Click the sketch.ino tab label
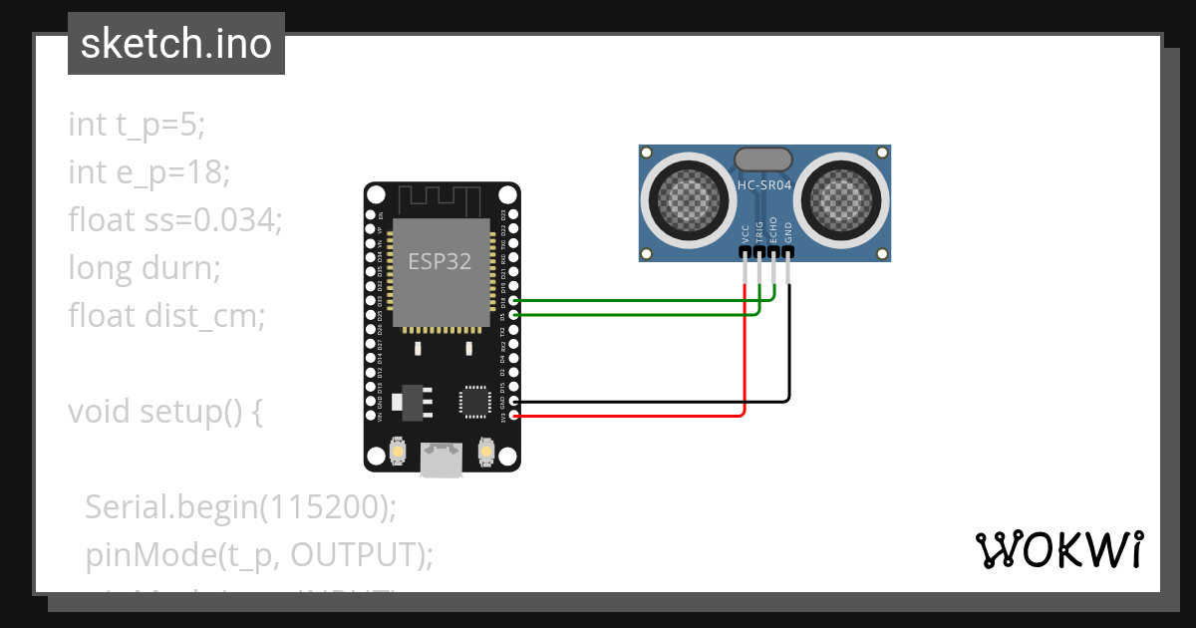tap(175, 44)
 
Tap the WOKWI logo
tap(1058, 549)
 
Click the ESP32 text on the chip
tap(440, 260)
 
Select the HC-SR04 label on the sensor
tap(763, 184)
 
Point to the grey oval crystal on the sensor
tap(763, 158)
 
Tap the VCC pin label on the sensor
tap(746, 233)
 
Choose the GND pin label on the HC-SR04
tap(788, 233)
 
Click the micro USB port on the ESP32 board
tap(440, 461)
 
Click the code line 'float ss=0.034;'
tap(175, 220)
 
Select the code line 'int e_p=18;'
tap(149, 172)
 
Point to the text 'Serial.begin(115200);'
tap(240, 507)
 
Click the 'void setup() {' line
tap(165, 412)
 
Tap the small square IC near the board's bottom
tap(473, 402)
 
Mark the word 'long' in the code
tap(97, 268)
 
